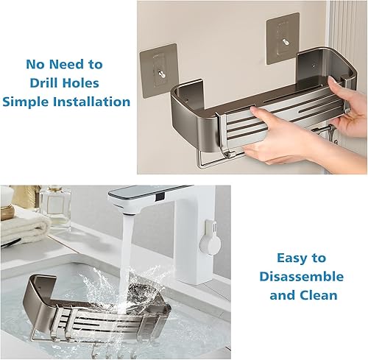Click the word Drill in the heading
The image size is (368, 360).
(x=45, y=83)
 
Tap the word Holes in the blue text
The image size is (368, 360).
(x=82, y=83)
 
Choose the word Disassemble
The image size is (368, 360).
(x=302, y=276)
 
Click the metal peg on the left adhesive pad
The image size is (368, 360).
(x=161, y=73)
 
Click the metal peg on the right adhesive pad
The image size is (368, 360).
(x=286, y=41)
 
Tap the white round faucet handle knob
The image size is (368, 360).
(x=209, y=244)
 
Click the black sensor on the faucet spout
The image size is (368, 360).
(x=160, y=196)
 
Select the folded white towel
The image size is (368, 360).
(x=24, y=230)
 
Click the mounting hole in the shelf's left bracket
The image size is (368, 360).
(x=185, y=100)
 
